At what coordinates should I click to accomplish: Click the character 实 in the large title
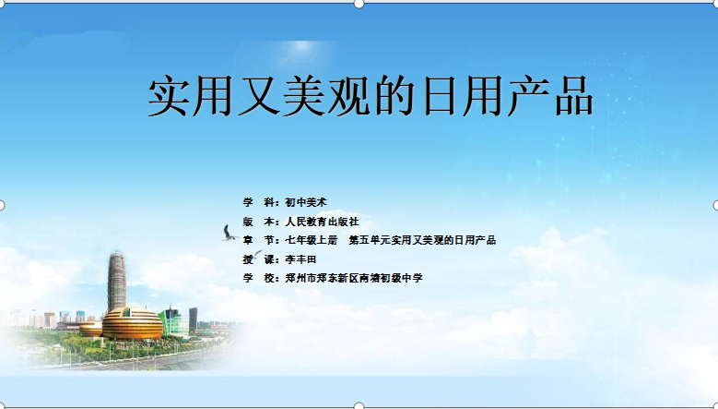168,97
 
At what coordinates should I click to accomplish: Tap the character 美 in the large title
303,97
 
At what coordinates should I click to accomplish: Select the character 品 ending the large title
574,97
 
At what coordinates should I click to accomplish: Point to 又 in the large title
259,97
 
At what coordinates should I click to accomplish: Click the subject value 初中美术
306,202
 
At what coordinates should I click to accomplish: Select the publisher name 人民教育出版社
322,222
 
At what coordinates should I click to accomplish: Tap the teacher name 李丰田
300,259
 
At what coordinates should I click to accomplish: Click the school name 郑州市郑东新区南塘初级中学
354,278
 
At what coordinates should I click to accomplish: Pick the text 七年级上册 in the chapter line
311,240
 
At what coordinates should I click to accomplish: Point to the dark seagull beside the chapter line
229,234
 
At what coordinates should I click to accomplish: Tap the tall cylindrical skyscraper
117,281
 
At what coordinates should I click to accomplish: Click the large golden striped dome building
132,324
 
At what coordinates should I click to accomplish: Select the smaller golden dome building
90,330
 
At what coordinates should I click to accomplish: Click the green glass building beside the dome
174,323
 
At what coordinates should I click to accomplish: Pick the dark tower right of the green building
194,319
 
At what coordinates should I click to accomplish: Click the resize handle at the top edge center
359,4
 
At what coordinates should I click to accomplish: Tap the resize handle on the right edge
716,205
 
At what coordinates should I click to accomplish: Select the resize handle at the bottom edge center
359,406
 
